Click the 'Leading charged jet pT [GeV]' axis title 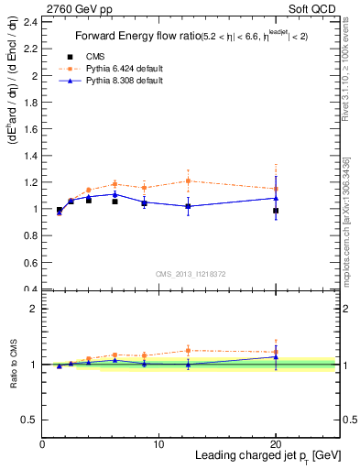260,455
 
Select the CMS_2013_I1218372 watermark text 191,274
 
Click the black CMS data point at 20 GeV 276,211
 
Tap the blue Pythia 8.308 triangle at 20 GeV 276,198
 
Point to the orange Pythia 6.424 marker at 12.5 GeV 188,180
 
